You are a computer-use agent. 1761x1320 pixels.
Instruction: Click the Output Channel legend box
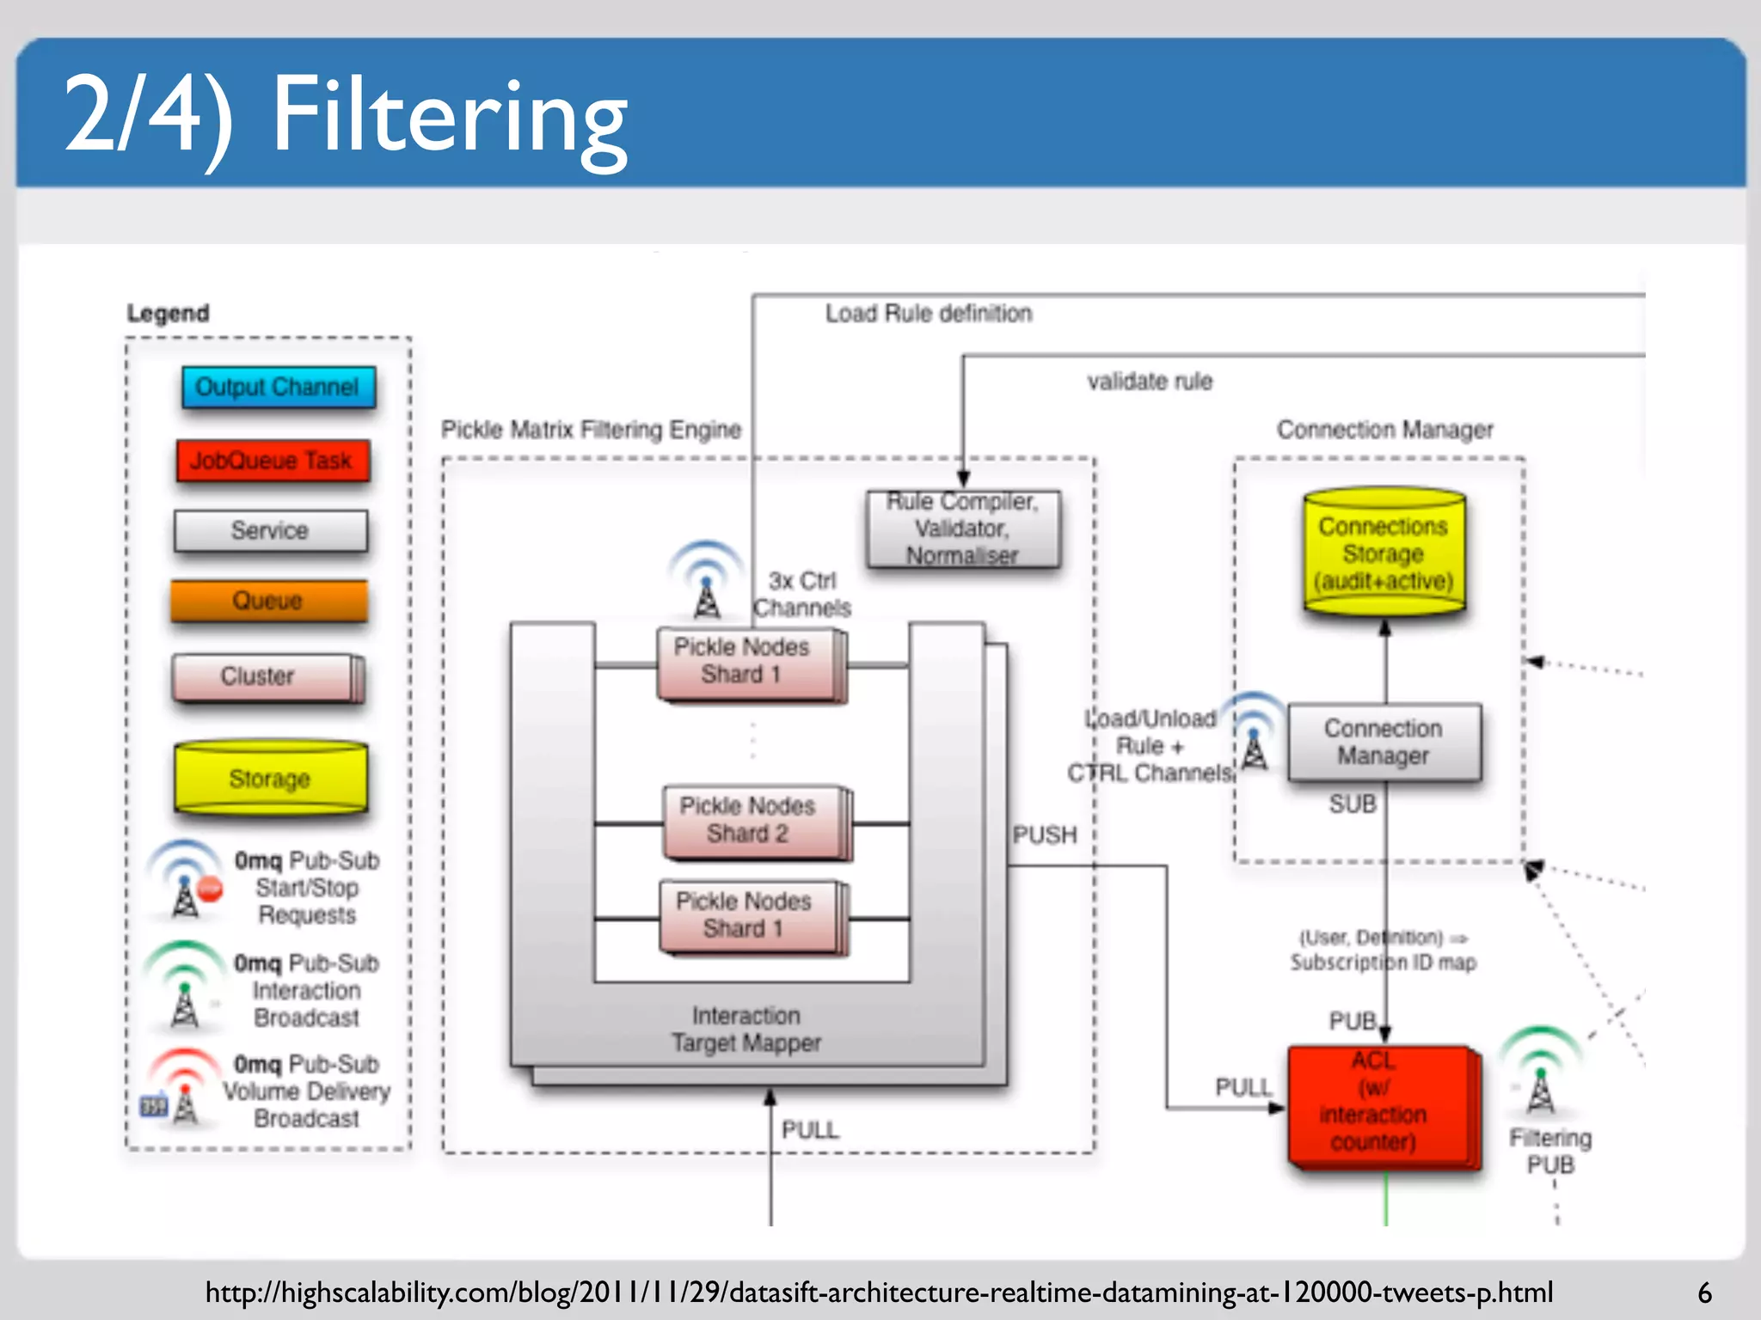point(278,387)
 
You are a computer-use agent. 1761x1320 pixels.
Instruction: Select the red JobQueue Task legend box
point(272,461)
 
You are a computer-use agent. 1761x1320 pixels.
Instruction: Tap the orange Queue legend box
point(268,600)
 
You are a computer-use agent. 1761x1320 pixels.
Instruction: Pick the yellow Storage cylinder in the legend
point(270,778)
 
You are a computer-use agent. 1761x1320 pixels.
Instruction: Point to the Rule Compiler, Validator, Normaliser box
point(963,529)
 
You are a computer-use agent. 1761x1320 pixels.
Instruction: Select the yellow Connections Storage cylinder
point(1383,553)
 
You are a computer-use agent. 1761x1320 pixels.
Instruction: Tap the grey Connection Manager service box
point(1384,742)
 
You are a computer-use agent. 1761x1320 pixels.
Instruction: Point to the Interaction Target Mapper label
point(746,1029)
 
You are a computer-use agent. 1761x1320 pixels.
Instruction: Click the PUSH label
point(1044,834)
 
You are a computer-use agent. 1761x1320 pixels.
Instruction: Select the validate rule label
point(1149,381)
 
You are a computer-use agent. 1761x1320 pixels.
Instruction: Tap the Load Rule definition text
point(928,313)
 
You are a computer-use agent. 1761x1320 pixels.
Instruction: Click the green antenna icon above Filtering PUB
point(1540,1072)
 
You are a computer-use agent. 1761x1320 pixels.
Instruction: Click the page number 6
point(1704,1292)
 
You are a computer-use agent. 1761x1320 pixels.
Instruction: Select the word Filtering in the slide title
point(449,116)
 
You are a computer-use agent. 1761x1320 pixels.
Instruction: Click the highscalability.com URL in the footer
point(878,1292)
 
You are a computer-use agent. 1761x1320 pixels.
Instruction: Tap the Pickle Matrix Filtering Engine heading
point(591,429)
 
